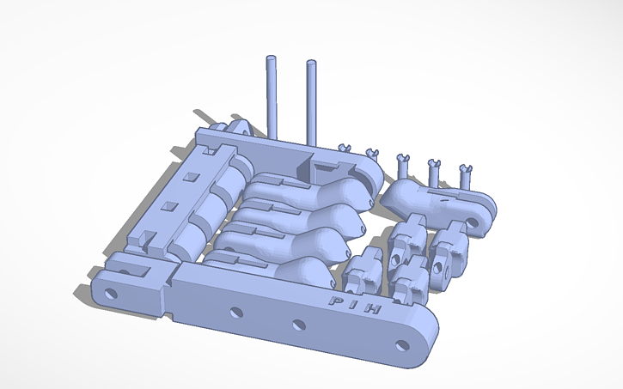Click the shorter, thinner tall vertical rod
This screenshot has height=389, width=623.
272,94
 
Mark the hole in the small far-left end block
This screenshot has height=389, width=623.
110,294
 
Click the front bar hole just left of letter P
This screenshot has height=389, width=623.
298,325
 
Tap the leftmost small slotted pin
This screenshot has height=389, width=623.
343,149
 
